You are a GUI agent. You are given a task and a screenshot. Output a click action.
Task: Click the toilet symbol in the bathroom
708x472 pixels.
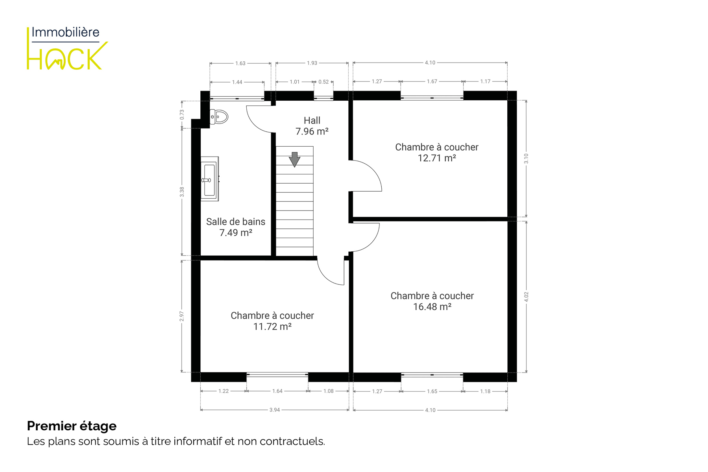click(219, 117)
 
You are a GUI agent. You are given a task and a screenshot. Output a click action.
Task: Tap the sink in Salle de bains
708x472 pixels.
click(210, 179)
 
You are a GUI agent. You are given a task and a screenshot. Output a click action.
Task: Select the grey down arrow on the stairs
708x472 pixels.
click(294, 160)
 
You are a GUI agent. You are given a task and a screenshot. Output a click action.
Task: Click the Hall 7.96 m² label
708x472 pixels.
click(312, 126)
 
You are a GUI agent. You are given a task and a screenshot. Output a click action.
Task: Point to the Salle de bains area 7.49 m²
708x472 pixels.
click(236, 233)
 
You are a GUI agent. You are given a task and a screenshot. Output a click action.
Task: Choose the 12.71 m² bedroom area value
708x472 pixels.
click(437, 158)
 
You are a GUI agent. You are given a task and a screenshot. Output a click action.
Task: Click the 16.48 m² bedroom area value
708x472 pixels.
click(432, 307)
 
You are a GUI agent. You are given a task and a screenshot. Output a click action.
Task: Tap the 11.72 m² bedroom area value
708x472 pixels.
click(272, 326)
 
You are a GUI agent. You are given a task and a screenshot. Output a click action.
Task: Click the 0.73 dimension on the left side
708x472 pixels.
click(182, 114)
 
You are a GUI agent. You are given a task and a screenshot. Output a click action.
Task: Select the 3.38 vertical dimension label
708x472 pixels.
click(182, 192)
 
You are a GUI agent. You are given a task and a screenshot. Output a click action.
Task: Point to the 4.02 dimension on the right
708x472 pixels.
click(526, 297)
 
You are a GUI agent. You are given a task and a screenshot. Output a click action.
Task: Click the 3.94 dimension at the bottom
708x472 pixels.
click(275, 410)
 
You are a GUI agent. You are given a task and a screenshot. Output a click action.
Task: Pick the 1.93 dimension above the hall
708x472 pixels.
click(312, 63)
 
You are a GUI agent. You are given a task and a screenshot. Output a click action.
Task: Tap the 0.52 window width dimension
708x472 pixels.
click(323, 82)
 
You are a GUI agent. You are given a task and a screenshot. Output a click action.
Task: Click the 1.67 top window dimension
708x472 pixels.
click(432, 81)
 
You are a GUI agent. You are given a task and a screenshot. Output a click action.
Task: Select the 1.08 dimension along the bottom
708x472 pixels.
click(329, 391)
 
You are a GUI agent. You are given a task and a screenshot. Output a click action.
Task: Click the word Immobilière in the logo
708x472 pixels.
click(65, 32)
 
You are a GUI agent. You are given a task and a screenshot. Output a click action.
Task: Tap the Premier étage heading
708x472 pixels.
click(72, 426)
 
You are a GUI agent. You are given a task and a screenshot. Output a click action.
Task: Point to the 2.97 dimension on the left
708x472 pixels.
click(182, 316)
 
